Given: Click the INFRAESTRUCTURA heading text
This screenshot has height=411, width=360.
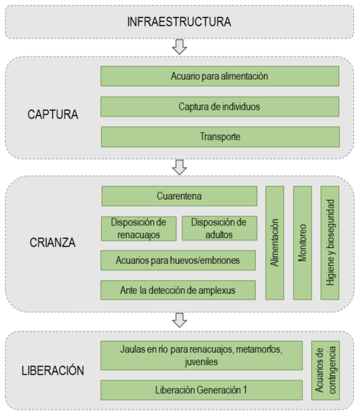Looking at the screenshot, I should coord(179,22).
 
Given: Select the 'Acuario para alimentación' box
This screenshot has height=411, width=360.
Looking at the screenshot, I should coord(220,76).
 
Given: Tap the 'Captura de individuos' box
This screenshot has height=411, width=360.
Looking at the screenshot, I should coord(220,106).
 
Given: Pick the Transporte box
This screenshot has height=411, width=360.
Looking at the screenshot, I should coord(220,136).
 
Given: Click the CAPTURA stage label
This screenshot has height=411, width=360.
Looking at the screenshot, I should coord(53,114).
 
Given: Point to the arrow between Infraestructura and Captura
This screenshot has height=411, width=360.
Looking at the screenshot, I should coord(179,47).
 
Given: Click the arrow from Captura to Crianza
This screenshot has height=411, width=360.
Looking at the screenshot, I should coord(179,167).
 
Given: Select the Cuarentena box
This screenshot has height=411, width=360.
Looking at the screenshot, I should coord(179,196).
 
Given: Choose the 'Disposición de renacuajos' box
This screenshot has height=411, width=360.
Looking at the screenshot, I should coord(138,228).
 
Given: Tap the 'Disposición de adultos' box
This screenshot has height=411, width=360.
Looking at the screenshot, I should coord(219,228).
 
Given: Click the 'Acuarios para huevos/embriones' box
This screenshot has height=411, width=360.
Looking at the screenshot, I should coord(178,260).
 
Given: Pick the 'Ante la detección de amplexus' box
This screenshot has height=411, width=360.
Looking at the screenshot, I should coord(178,290).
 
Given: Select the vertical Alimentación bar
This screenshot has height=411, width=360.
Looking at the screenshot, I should coord(275,243).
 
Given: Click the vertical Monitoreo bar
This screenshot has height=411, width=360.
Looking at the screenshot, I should coord(302,243).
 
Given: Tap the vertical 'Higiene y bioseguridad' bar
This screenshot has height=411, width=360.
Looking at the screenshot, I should coord(330,243).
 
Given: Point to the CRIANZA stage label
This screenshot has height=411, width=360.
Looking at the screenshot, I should coord(53,243).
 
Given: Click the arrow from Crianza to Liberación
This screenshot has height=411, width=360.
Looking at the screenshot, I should coord(179,319).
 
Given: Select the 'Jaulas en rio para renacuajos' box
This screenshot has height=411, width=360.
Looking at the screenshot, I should coord(201,355).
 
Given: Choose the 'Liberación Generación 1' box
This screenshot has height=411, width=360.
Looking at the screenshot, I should coord(201,390).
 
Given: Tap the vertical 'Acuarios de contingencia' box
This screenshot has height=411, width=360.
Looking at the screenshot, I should coord(325,370).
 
